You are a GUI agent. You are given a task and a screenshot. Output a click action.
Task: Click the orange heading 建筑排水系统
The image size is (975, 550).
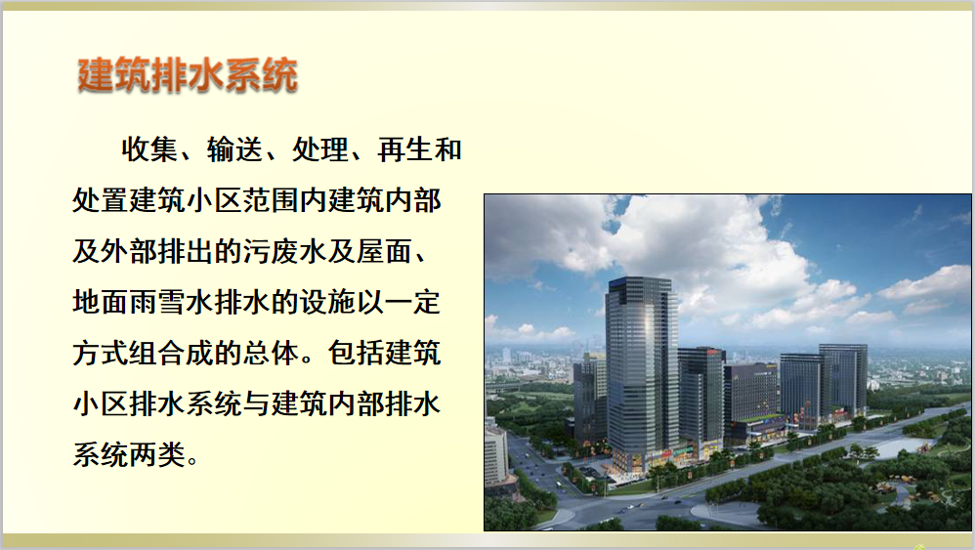(188, 75)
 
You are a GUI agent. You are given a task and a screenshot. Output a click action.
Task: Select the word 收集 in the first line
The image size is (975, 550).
(149, 149)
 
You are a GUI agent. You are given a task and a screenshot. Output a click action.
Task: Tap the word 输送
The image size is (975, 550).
(234, 149)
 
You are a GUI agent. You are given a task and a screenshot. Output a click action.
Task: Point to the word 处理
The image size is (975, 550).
(319, 149)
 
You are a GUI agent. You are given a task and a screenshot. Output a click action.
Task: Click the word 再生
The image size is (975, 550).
(404, 149)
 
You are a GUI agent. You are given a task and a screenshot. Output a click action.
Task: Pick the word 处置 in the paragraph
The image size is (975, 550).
(101, 200)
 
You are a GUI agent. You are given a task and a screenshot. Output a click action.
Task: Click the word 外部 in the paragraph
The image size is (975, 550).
(129, 252)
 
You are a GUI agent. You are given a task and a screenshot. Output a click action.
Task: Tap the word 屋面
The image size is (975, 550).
(385, 252)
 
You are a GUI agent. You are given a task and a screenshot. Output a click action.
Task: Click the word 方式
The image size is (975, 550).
(101, 354)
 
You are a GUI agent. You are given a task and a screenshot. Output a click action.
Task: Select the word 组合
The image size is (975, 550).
(157, 354)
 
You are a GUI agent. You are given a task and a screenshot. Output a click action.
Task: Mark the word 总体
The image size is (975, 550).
(272, 354)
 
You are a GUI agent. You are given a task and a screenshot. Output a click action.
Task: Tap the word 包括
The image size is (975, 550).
(357, 354)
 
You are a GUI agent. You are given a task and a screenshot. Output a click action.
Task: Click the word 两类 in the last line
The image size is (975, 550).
(157, 455)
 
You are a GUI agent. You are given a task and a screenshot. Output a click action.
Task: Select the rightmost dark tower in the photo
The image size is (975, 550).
(843, 379)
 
